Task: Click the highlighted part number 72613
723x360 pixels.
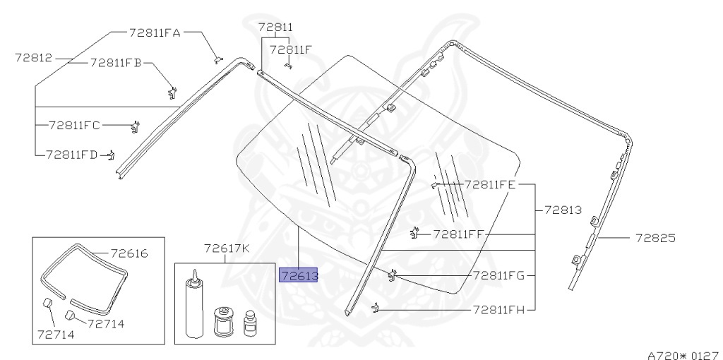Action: pos(299,275)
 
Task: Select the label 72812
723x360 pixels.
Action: pos(34,58)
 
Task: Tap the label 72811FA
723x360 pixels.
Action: pos(155,32)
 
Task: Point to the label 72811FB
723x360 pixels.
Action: pos(116,63)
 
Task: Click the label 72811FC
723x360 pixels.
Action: pos(74,126)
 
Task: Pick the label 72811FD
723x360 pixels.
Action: pos(72,155)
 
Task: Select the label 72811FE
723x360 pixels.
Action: pos(490,185)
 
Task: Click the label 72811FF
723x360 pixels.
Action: pos(458,234)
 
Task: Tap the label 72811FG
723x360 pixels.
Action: pos(499,275)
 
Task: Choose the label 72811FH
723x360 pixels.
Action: pos(499,310)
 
